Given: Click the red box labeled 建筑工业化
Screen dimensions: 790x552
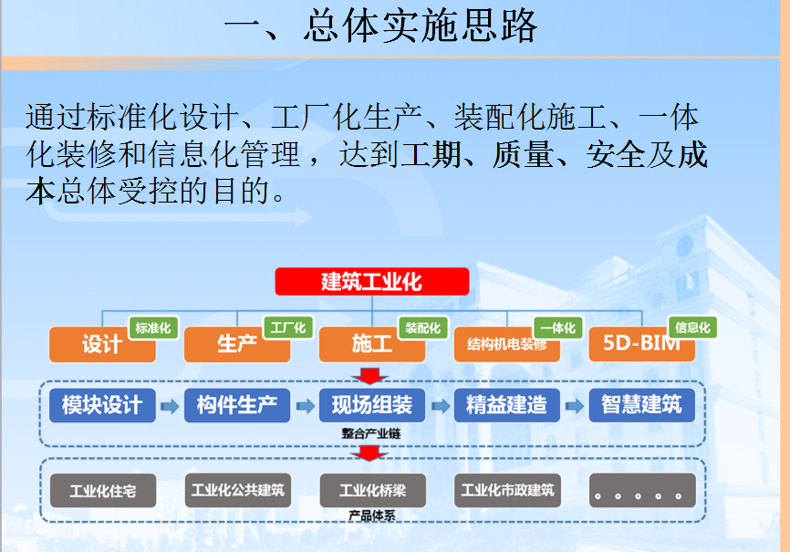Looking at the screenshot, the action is [372, 281].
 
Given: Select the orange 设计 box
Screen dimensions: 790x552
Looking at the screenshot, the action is [102, 345].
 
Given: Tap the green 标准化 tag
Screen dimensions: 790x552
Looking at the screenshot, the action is [153, 328].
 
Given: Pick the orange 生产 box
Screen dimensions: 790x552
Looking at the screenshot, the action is [237, 345].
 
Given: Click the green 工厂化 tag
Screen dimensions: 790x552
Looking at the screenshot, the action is [288, 328].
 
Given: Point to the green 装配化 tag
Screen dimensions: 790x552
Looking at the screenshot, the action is [423, 328].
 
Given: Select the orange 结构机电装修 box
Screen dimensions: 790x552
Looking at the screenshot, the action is [507, 345].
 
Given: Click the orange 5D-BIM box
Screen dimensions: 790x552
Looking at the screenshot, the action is [642, 345].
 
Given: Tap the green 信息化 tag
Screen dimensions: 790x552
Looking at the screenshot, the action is [692, 328].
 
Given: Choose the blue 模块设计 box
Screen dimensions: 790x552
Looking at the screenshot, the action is [102, 405].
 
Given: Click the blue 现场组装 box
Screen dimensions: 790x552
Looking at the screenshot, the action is [372, 405].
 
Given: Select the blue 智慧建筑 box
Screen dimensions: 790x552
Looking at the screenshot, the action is [642, 405].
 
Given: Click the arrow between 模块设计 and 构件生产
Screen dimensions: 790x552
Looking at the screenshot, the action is [170, 406].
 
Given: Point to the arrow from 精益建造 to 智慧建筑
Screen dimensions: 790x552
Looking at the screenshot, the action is [575, 406].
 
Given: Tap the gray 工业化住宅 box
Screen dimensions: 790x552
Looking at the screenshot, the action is [103, 491].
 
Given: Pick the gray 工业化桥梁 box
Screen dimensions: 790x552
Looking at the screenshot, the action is [373, 491].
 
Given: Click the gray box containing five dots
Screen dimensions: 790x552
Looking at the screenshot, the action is [642, 491].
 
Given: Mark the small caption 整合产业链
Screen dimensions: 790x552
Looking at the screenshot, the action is [371, 433].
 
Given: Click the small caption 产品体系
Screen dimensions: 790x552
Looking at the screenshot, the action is [372, 516].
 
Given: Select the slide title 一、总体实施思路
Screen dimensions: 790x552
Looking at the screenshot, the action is [381, 26].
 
